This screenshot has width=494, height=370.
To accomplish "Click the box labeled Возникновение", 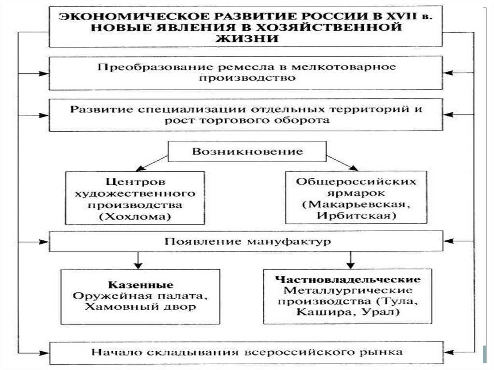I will coord(248,151).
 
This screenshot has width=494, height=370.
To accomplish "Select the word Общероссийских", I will coord(356,182).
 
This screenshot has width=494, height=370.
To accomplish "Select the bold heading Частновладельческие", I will coord(348,279).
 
